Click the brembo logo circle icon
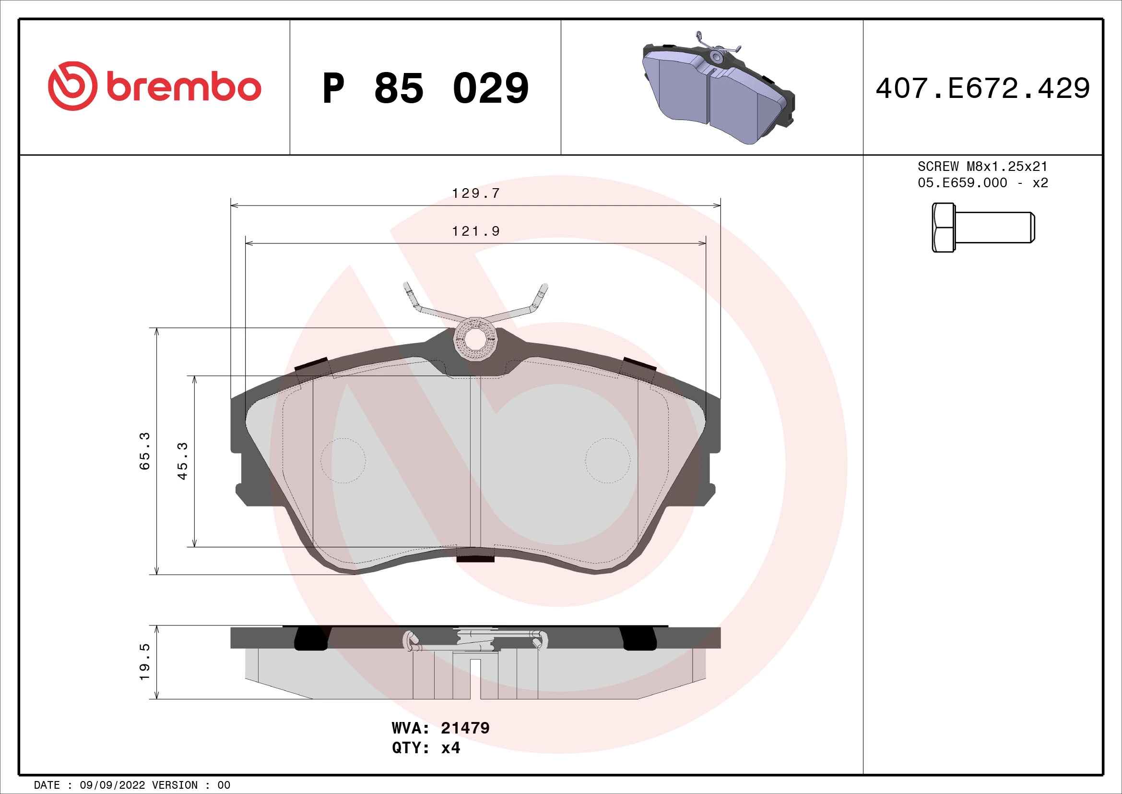tap(72, 86)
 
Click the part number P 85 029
tap(425, 88)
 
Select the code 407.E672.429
tap(982, 88)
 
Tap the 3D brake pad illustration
tap(717, 90)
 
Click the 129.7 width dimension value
tap(476, 193)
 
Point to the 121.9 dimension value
tap(476, 231)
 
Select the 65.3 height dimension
tap(145, 451)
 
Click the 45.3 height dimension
tap(182, 460)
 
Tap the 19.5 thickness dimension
tap(145, 662)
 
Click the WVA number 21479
tap(465, 728)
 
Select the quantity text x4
tap(450, 748)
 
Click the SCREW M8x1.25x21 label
tap(982, 166)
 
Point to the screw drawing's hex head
tap(943, 228)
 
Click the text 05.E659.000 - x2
tap(982, 183)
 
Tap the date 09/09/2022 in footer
tap(112, 785)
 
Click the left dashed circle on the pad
tap(343, 460)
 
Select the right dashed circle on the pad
tap(607, 460)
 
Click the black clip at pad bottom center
tap(475, 558)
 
